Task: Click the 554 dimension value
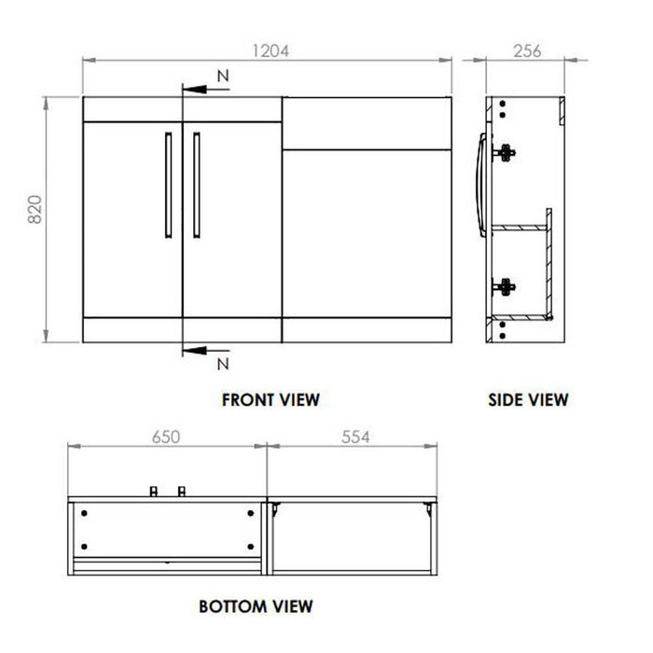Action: [x=359, y=436]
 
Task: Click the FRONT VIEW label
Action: [x=271, y=400]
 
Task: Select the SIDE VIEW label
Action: [x=528, y=400]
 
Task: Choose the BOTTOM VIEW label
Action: [x=256, y=606]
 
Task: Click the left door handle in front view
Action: [x=168, y=184]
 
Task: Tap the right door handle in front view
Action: [x=196, y=184]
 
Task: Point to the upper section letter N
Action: [x=222, y=74]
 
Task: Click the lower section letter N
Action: [x=222, y=361]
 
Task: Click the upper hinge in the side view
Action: [x=507, y=152]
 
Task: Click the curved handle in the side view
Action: [x=481, y=184]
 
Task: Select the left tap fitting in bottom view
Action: [x=154, y=491]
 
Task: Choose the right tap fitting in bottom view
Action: [x=183, y=491]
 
